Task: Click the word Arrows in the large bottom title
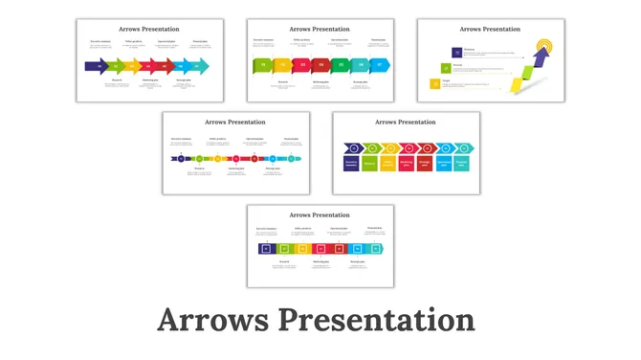click(211, 321)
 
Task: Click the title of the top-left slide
click(149, 30)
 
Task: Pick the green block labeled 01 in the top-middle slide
click(261, 66)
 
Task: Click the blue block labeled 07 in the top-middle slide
click(380, 66)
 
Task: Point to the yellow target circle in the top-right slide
click(544, 45)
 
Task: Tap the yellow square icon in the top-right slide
click(435, 84)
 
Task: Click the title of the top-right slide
click(490, 30)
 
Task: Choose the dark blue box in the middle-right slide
click(352, 164)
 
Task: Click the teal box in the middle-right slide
click(462, 164)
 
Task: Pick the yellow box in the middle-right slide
click(388, 164)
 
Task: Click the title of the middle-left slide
click(235, 123)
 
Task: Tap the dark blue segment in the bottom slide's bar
click(267, 249)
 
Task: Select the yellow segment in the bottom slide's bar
click(303, 249)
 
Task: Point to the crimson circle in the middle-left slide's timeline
click(236, 159)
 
